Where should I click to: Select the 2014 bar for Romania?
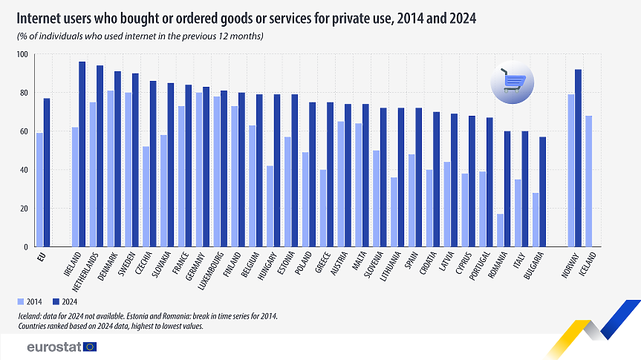coord(501,230)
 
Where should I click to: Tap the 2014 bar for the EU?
coord(39,190)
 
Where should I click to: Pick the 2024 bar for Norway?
coord(578,158)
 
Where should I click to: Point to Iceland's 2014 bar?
coord(588,181)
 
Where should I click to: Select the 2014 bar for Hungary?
coord(269,206)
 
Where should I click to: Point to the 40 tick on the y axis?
coord(23,170)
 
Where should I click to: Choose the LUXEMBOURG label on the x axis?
coord(211,272)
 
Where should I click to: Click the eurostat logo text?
coord(53,346)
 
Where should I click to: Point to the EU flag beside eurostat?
coord(90,346)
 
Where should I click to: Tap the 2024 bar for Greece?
coord(330,174)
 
